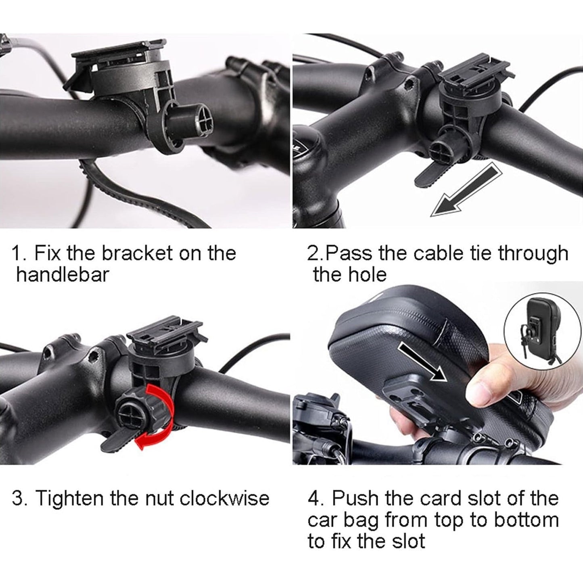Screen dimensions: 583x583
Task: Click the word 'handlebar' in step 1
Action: click(x=63, y=275)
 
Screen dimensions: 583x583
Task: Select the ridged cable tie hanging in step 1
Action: click(x=121, y=194)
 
